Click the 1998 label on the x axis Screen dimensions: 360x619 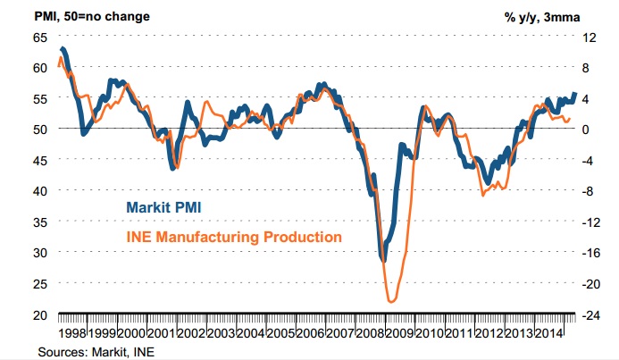point(73,331)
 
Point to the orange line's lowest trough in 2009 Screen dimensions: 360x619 point(391,302)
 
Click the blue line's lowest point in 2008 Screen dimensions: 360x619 point(383,260)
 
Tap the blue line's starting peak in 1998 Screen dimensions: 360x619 point(62,48)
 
